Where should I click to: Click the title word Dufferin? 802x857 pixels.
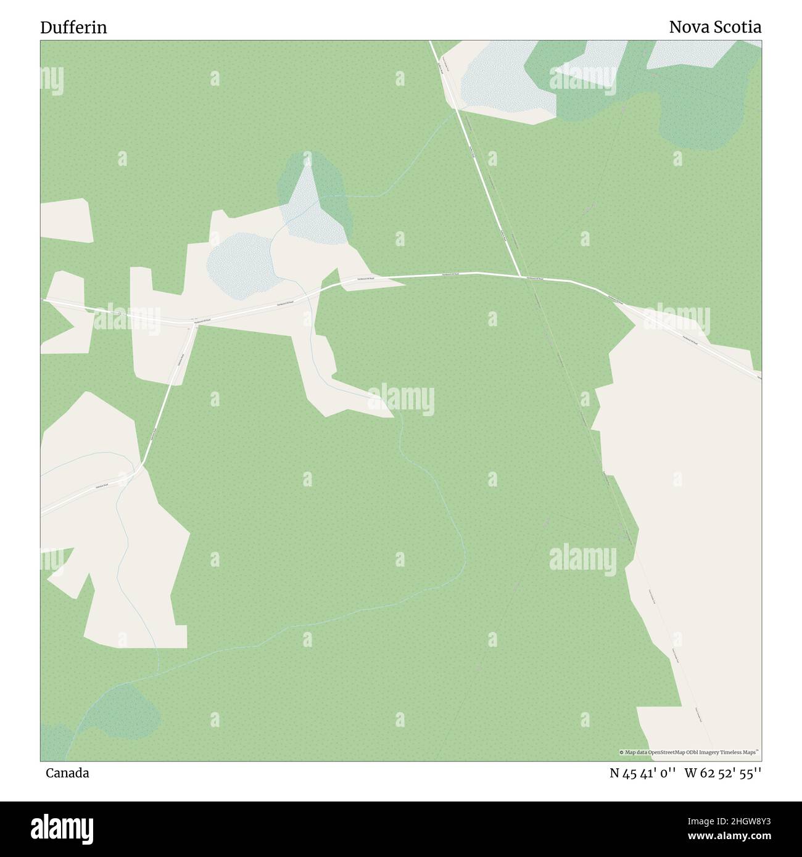point(73,28)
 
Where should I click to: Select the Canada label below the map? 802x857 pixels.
point(67,773)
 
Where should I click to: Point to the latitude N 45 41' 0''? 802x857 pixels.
point(643,773)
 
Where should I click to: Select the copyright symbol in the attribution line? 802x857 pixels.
point(622,752)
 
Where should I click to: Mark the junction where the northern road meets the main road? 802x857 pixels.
point(521,277)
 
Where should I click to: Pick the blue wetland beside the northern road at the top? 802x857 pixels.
point(494,80)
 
